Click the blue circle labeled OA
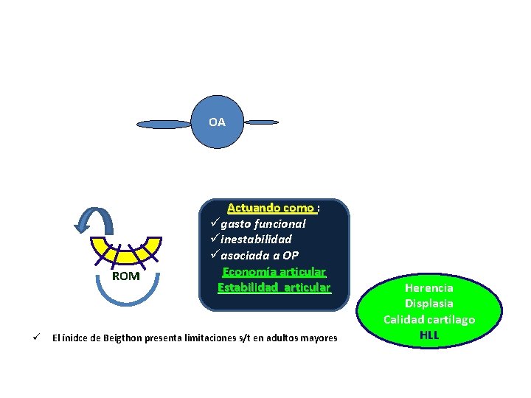coord(217,122)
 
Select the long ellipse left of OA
coord(164,125)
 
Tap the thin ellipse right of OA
coord(261,122)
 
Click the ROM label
coord(125,276)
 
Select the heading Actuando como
coord(271,209)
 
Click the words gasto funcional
coord(263,224)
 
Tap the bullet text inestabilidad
coord(256,240)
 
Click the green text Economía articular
coord(274,271)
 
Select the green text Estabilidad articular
coord(274,287)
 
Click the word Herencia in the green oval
coord(428,288)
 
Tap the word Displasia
coord(428,304)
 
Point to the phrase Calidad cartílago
coord(428,319)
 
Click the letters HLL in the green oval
coord(428,335)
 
